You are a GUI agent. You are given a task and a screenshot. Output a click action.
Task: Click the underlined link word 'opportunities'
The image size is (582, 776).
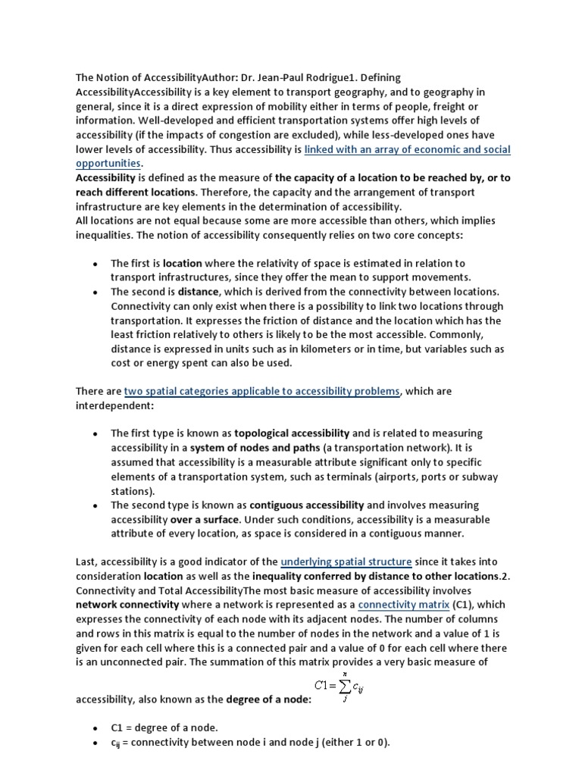click(108, 164)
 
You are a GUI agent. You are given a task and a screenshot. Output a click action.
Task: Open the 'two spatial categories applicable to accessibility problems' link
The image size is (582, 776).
click(262, 391)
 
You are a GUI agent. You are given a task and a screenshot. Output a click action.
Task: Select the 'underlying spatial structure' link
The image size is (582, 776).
click(346, 562)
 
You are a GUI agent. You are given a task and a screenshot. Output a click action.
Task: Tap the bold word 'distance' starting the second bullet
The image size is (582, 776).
click(199, 292)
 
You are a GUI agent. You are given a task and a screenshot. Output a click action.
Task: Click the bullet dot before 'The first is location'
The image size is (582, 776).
click(94, 264)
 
